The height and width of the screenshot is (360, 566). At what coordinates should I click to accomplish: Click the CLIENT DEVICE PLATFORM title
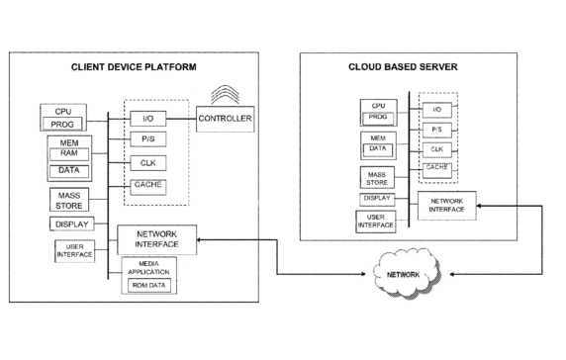coord(134,67)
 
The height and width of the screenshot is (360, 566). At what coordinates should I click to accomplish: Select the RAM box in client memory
coord(69,153)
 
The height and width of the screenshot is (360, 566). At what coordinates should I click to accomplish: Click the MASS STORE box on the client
coord(68,199)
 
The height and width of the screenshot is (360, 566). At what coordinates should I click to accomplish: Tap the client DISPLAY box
coord(68,224)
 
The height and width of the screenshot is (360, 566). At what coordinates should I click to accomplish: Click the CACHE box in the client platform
coord(147,185)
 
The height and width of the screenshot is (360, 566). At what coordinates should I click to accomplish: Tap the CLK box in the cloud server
coord(435,149)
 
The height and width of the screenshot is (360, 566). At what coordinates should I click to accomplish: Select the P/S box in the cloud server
coord(435,129)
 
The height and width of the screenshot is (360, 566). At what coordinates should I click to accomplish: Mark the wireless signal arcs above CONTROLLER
coord(226,94)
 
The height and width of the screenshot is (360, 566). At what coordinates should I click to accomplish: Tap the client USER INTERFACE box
coord(74,250)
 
